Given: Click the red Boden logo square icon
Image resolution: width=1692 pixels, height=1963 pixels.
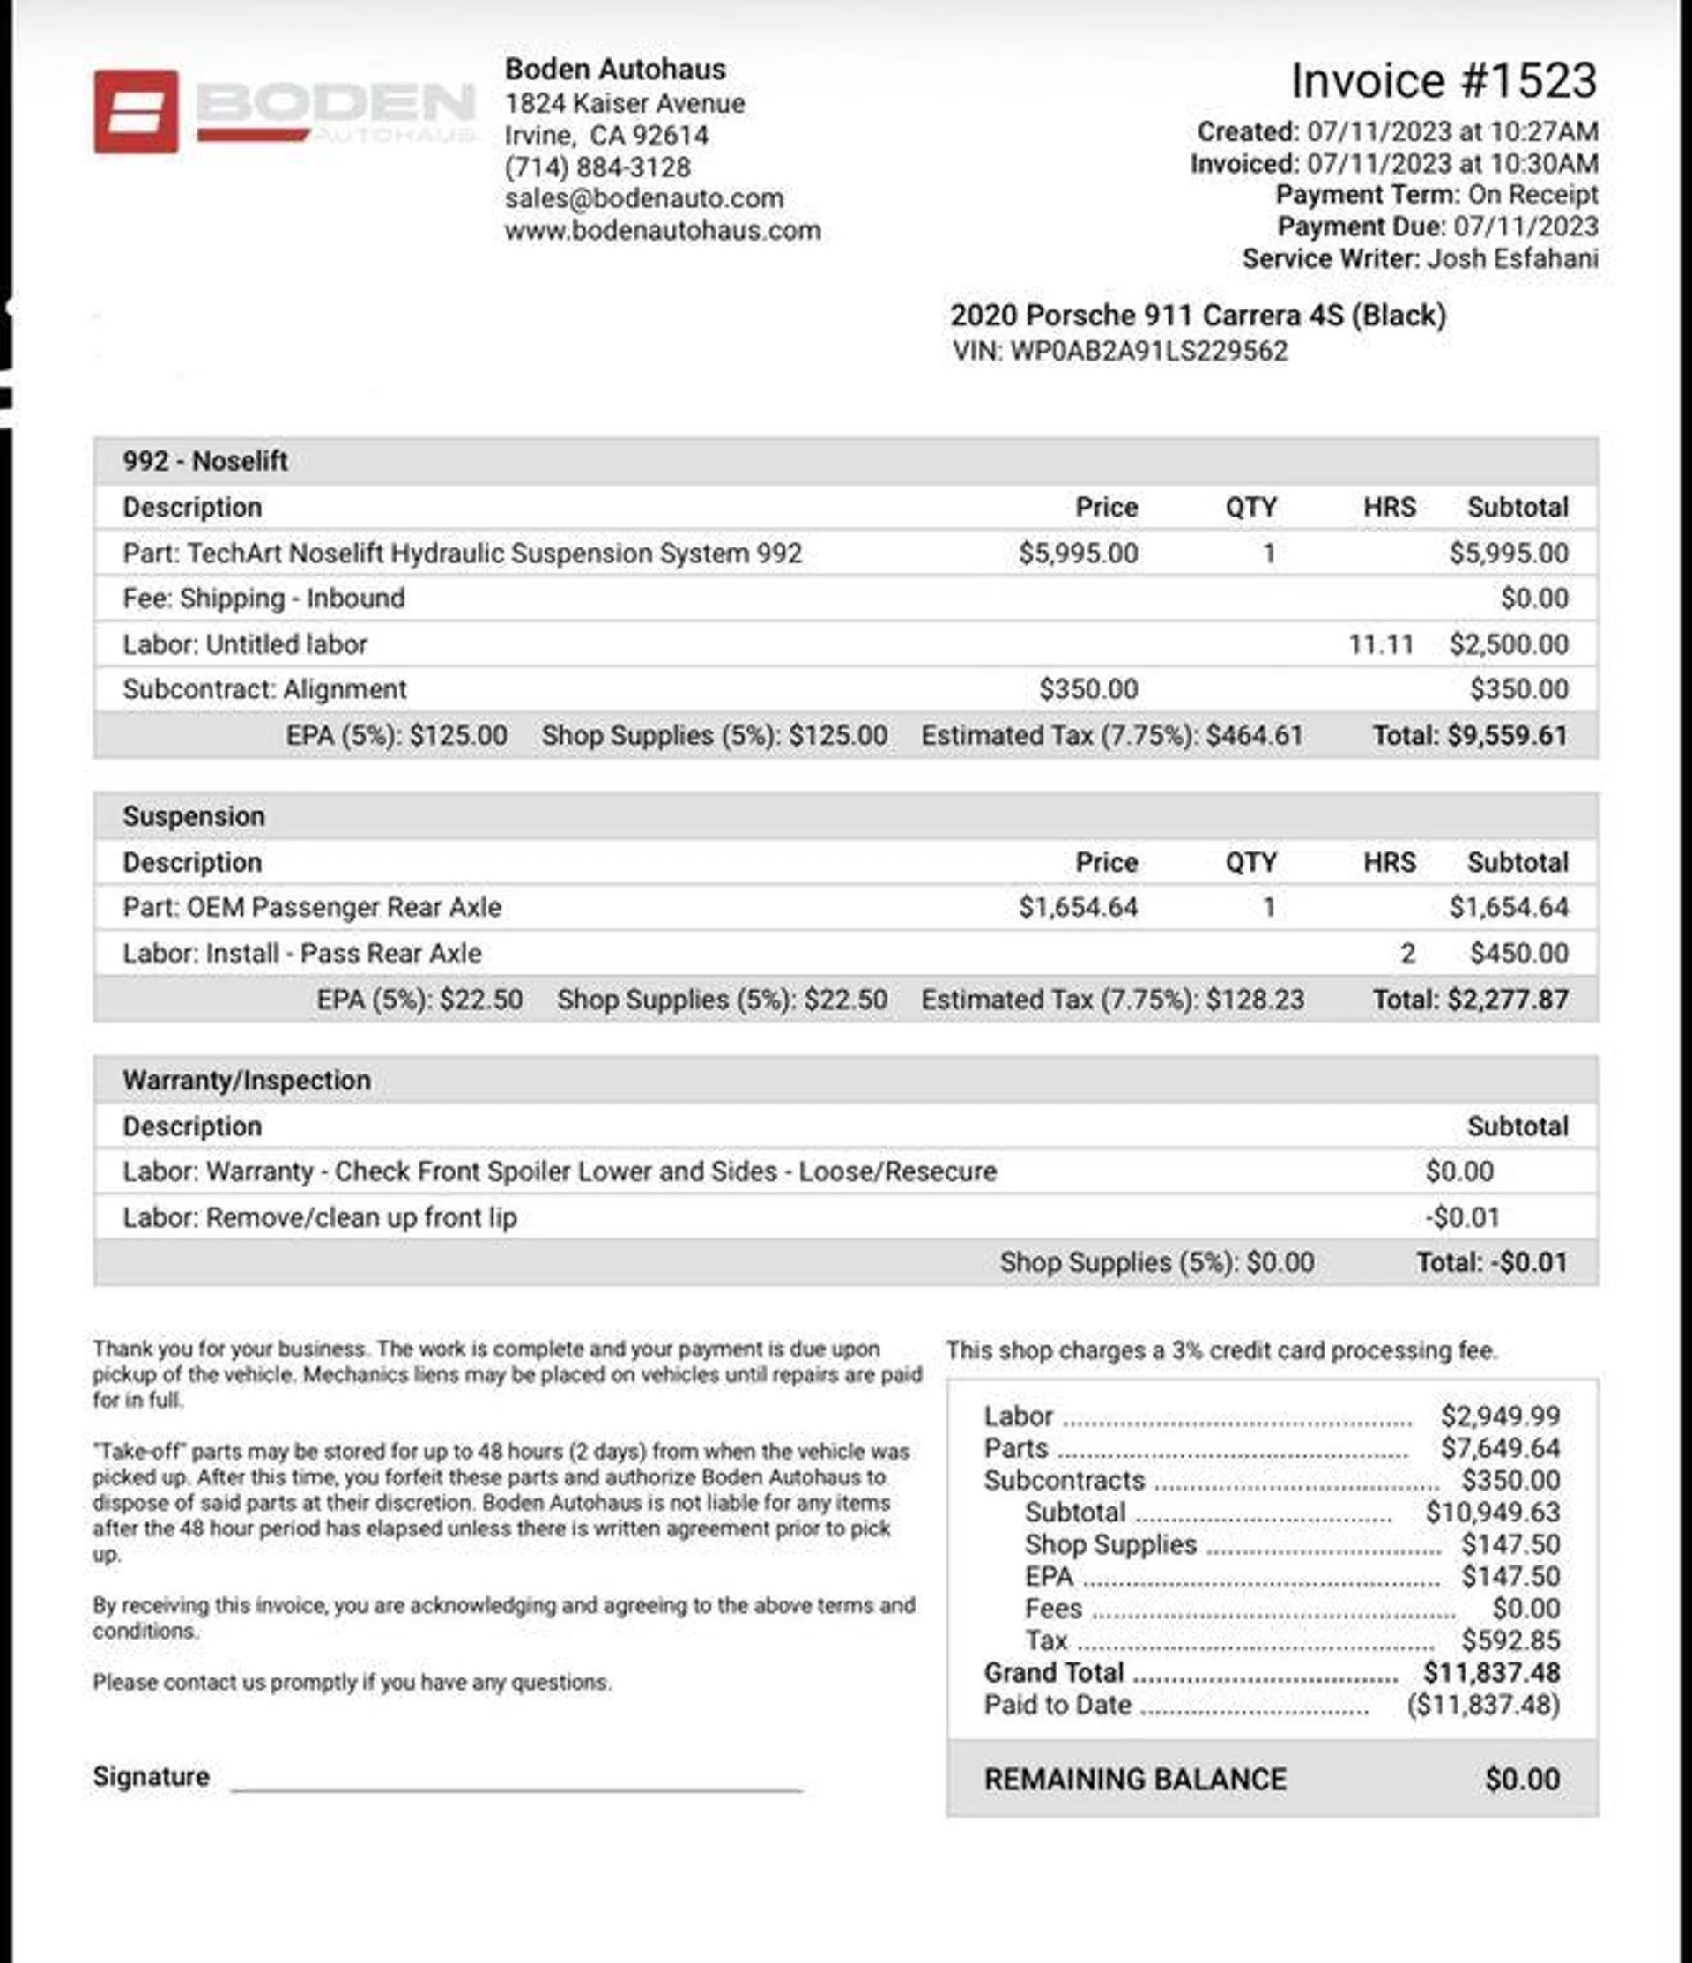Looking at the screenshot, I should [x=136, y=111].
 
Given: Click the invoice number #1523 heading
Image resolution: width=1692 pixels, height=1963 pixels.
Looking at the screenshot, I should [x=1443, y=80].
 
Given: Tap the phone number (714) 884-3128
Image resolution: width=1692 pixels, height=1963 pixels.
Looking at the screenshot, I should [x=597, y=167].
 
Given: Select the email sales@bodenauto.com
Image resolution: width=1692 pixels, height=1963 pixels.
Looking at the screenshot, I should [x=643, y=198].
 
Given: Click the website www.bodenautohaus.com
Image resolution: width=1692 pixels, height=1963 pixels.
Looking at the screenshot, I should [x=662, y=230].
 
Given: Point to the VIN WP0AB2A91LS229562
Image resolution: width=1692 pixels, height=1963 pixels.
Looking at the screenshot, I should [x=1148, y=351].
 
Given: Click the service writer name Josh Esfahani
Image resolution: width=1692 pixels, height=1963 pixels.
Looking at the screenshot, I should [x=1512, y=258].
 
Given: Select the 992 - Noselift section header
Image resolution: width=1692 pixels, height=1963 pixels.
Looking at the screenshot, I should [x=204, y=461].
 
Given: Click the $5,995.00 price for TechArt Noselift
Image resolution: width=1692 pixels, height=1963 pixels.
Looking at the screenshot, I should [x=1077, y=554].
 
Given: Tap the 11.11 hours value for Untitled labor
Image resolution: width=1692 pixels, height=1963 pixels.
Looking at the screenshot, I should [x=1380, y=644].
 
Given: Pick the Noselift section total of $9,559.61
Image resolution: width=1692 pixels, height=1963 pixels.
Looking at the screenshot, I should [x=1470, y=735].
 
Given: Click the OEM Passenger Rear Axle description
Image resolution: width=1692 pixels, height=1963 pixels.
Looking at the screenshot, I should [x=312, y=907].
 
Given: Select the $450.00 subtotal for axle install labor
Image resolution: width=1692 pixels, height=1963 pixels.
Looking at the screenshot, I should [x=1518, y=953].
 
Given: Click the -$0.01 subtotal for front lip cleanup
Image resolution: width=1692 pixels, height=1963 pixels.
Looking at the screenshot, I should [x=1462, y=1217].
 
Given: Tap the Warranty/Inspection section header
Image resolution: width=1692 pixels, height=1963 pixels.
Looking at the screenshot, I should [x=247, y=1080].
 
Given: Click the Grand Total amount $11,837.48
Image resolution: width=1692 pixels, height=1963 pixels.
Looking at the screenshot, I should [x=1491, y=1672].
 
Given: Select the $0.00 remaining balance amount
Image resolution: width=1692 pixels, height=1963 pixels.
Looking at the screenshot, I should [x=1521, y=1779].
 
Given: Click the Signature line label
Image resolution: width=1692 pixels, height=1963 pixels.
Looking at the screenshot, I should [x=151, y=1776].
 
